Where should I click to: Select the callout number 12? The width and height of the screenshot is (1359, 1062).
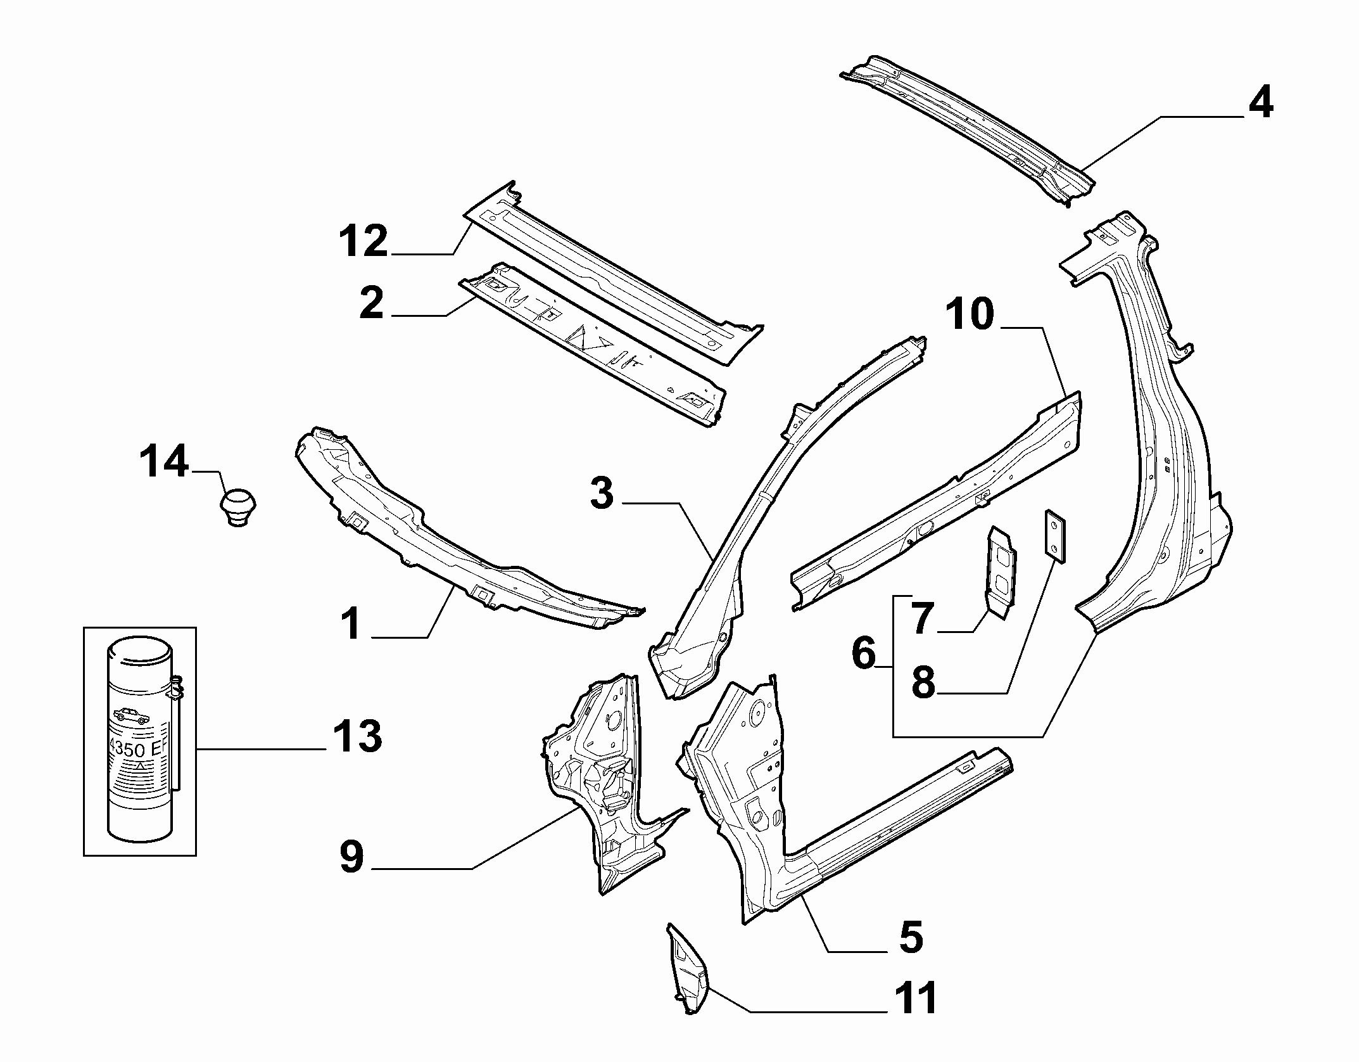(x=363, y=241)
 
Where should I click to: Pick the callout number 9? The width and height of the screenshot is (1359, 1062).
(x=351, y=857)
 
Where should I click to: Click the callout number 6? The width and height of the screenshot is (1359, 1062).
(x=864, y=653)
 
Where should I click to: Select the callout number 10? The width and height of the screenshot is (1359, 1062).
(x=970, y=315)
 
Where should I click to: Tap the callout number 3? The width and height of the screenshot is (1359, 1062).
(x=602, y=494)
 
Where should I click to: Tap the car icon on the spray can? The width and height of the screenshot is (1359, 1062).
(x=131, y=716)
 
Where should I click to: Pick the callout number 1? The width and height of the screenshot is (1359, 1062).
(x=350, y=623)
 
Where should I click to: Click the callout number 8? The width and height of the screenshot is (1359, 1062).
(x=923, y=682)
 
